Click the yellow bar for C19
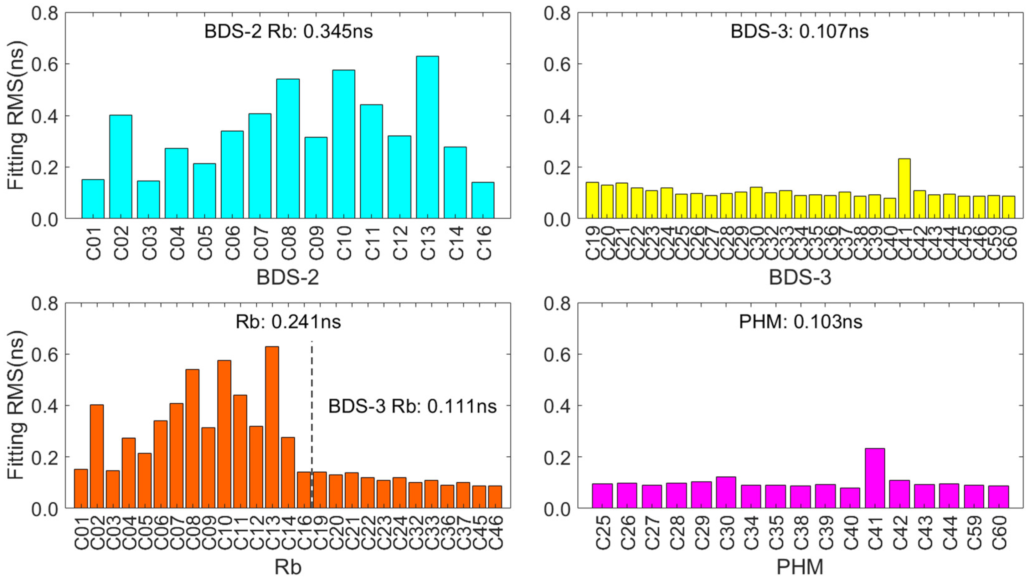pyautogui.click(x=592, y=200)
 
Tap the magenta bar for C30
pyautogui.click(x=726, y=492)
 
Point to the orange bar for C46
pyautogui.click(x=495, y=497)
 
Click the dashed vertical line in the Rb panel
pyautogui.click(x=312, y=402)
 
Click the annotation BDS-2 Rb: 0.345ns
pyautogui.click(x=288, y=31)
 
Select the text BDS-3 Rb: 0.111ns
pyautogui.click(x=412, y=406)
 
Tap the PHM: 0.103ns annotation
pyautogui.click(x=801, y=322)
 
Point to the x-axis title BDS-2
pyautogui.click(x=288, y=278)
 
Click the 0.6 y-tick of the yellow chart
pyautogui.click(x=557, y=64)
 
